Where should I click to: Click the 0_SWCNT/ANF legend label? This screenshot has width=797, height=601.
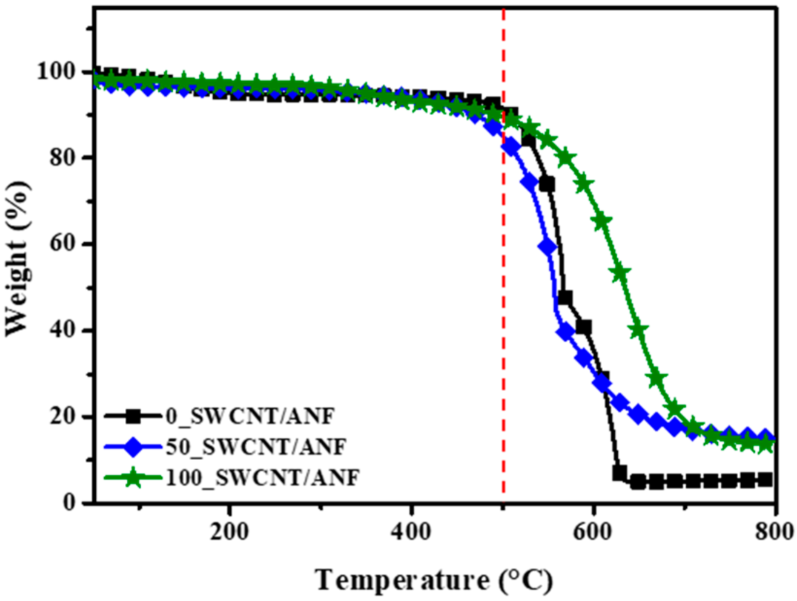point(250,417)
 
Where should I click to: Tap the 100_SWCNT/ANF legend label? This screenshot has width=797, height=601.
point(262,478)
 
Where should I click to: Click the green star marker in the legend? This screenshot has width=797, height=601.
point(132,478)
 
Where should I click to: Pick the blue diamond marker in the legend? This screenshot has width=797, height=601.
point(132,447)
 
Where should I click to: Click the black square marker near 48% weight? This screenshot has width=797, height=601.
point(565,298)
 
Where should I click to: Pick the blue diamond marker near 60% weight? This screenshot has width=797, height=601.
point(547,247)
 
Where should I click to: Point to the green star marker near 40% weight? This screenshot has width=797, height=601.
point(638,330)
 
